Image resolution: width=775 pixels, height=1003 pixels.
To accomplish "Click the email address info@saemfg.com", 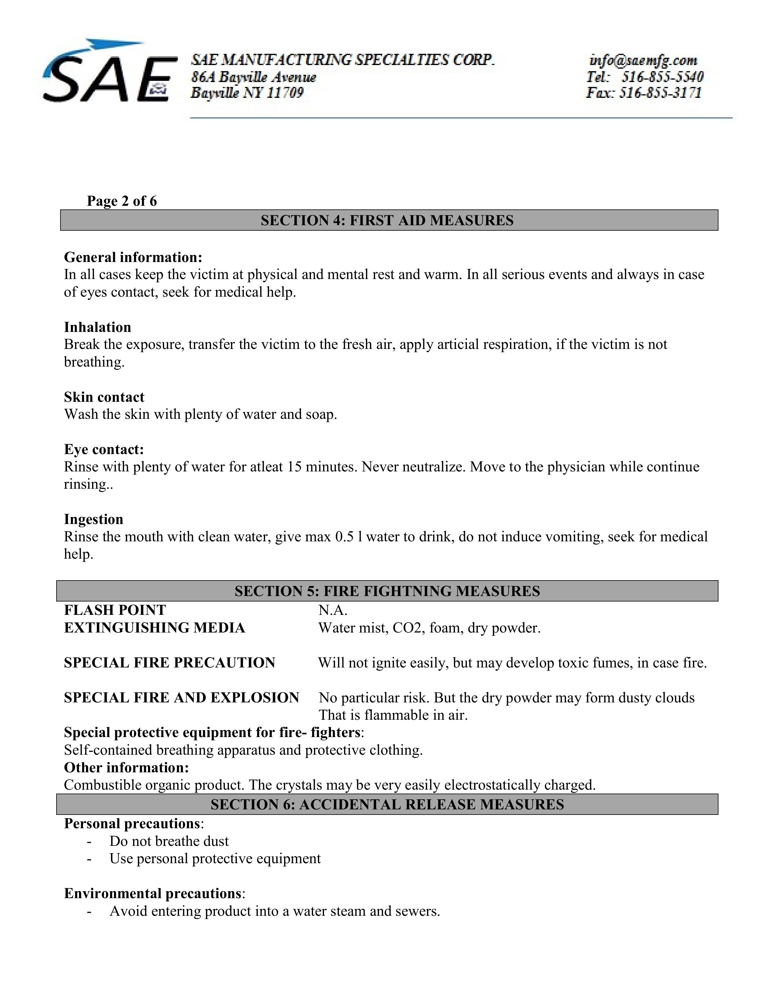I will point(643,60).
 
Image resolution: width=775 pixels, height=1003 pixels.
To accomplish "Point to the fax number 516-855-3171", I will point(660,93).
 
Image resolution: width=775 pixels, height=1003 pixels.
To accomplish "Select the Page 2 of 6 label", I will point(122,201).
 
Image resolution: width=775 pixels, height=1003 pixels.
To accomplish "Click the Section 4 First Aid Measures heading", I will point(387,220).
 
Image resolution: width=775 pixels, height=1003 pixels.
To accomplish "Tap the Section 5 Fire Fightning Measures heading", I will point(387,591).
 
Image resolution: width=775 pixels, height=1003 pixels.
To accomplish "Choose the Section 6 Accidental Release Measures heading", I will point(387,805).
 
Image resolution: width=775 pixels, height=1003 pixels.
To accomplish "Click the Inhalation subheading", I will point(97,327).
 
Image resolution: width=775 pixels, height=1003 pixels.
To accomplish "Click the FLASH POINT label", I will point(115,610).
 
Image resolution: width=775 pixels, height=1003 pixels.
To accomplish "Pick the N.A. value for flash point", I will point(333,610).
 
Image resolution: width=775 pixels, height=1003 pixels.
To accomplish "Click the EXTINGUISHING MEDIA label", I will point(154,628).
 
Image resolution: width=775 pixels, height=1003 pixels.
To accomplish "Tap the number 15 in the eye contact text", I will point(294,467).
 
